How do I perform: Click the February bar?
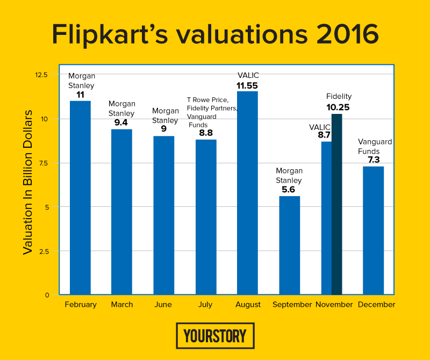pyautogui.click(x=80, y=198)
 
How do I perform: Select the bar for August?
pyautogui.click(x=247, y=193)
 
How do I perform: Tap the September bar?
pyautogui.click(x=289, y=246)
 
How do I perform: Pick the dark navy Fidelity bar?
pyautogui.click(x=336, y=204)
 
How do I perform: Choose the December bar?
pyautogui.click(x=373, y=231)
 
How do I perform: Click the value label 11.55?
pyautogui.click(x=247, y=85)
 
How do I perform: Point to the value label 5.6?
pyautogui.click(x=289, y=190)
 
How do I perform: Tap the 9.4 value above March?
pyautogui.click(x=122, y=123)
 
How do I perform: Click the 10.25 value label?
pyautogui.click(x=339, y=107)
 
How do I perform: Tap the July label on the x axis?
pyautogui.click(x=205, y=305)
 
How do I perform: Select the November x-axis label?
pyautogui.click(x=334, y=305)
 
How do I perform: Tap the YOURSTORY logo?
pyautogui.click(x=215, y=336)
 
